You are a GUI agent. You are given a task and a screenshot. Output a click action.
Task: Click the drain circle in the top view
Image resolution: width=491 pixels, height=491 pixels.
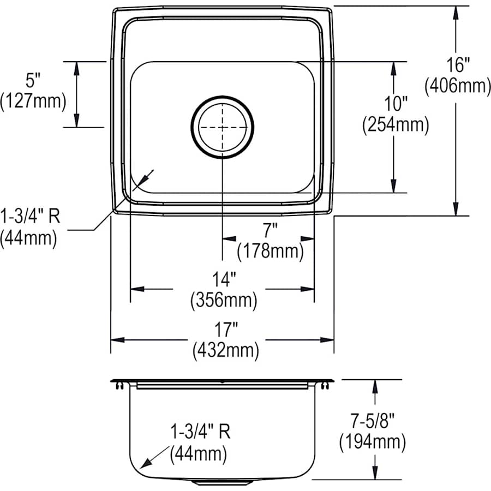pyautogui.click(x=222, y=127)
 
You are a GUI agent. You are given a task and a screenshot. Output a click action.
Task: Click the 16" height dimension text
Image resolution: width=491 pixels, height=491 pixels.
pyautogui.click(x=457, y=65)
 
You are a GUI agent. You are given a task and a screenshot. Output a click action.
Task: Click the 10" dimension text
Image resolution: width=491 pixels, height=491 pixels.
pyautogui.click(x=396, y=104)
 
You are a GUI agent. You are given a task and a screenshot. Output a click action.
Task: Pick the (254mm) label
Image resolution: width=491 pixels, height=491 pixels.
pyautogui.click(x=396, y=125)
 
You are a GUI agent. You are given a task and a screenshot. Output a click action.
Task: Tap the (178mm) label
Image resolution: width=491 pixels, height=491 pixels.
pyautogui.click(x=270, y=251)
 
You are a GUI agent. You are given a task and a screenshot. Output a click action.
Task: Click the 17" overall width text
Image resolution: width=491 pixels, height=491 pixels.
pyautogui.click(x=225, y=329)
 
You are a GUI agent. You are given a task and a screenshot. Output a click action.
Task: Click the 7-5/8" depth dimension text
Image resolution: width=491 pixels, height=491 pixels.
pyautogui.click(x=372, y=421)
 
